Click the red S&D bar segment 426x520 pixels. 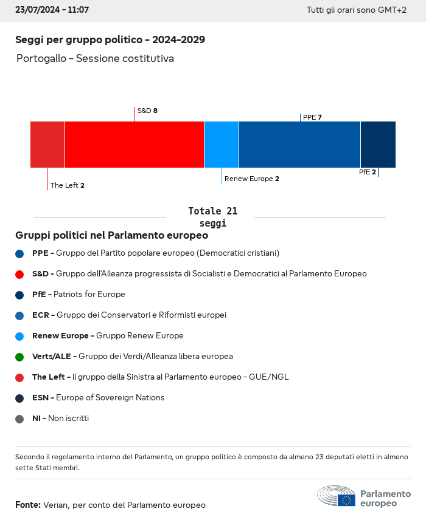134,145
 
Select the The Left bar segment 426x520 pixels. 47,145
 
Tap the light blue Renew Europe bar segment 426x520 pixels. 222,145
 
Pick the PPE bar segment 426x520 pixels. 299,145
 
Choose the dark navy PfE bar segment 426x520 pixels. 378,145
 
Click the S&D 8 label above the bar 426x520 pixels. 147,111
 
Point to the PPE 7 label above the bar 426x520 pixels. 312,117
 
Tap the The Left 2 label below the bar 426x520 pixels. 68,185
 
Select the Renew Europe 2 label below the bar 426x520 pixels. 252,179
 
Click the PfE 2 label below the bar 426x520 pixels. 368,172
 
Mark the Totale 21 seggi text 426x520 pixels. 212,217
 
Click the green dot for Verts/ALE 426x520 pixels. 19,357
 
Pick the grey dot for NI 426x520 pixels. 19,419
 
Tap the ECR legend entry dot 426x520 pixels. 19,315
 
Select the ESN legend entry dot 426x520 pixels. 19,398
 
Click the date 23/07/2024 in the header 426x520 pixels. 37,10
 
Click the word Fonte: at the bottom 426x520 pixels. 28,505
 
